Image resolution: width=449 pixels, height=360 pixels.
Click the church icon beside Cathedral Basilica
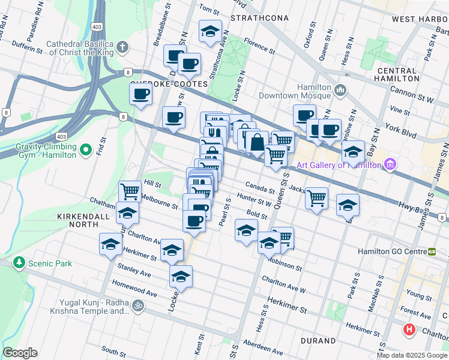(x=122, y=47)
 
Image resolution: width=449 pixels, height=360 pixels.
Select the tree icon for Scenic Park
(x=19, y=263)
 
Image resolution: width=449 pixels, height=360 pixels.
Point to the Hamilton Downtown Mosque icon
(x=340, y=91)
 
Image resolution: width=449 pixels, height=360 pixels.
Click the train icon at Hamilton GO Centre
(x=432, y=251)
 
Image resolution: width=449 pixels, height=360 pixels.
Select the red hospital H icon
(x=409, y=329)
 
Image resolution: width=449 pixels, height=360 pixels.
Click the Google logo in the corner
(x=20, y=353)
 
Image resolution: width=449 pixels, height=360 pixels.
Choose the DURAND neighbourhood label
(x=318, y=341)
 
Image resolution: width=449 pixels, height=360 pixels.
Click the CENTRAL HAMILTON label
(x=398, y=74)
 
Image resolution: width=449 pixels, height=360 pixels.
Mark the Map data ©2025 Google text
(x=411, y=355)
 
